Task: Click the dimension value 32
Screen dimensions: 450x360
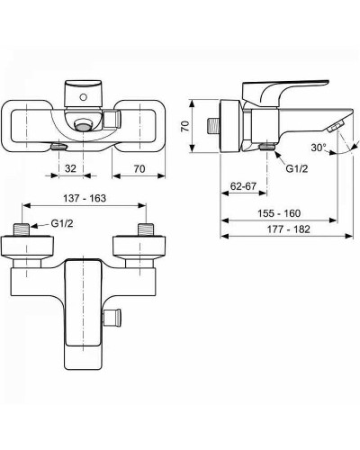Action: tap(70, 167)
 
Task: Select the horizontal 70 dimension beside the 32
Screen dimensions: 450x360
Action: tap(138, 167)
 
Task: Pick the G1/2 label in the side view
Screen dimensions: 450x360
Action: tap(296, 167)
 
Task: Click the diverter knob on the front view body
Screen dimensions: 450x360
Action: tap(112, 317)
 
